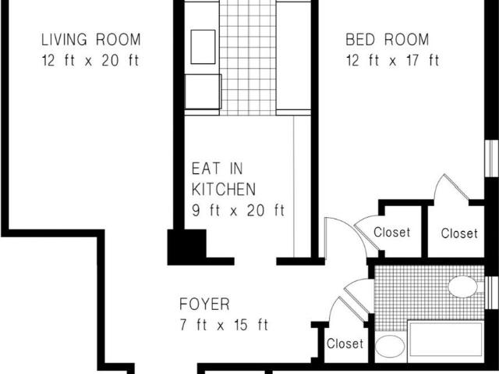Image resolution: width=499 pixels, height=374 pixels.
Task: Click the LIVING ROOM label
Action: click(x=91, y=40)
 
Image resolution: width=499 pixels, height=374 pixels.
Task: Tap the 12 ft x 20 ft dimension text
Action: click(x=90, y=61)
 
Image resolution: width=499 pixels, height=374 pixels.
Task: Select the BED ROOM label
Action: click(x=388, y=40)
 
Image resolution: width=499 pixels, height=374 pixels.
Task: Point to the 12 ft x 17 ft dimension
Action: click(x=393, y=61)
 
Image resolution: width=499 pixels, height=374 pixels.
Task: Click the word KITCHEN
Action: click(x=224, y=189)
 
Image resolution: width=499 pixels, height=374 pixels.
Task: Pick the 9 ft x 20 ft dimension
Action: click(x=238, y=210)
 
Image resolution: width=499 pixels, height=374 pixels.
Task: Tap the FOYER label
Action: click(x=204, y=305)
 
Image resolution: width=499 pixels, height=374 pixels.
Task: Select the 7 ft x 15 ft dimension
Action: click(x=224, y=325)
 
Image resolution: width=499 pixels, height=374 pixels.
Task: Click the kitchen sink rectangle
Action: click(x=203, y=47)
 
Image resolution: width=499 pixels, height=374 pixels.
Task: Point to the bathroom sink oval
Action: click(x=462, y=287)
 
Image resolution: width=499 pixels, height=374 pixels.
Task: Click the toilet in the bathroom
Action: click(x=390, y=347)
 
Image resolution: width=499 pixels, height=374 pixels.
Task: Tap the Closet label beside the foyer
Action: click(x=345, y=344)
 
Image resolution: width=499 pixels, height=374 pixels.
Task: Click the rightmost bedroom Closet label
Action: click(x=459, y=233)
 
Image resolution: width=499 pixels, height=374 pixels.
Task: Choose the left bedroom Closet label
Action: click(x=391, y=232)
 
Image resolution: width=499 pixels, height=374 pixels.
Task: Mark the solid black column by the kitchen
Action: click(x=187, y=248)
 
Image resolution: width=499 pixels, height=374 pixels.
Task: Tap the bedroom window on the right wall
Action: click(x=491, y=158)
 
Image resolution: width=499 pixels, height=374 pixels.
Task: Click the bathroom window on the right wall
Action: click(x=491, y=293)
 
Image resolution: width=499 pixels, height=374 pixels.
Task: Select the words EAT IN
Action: click(x=218, y=169)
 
